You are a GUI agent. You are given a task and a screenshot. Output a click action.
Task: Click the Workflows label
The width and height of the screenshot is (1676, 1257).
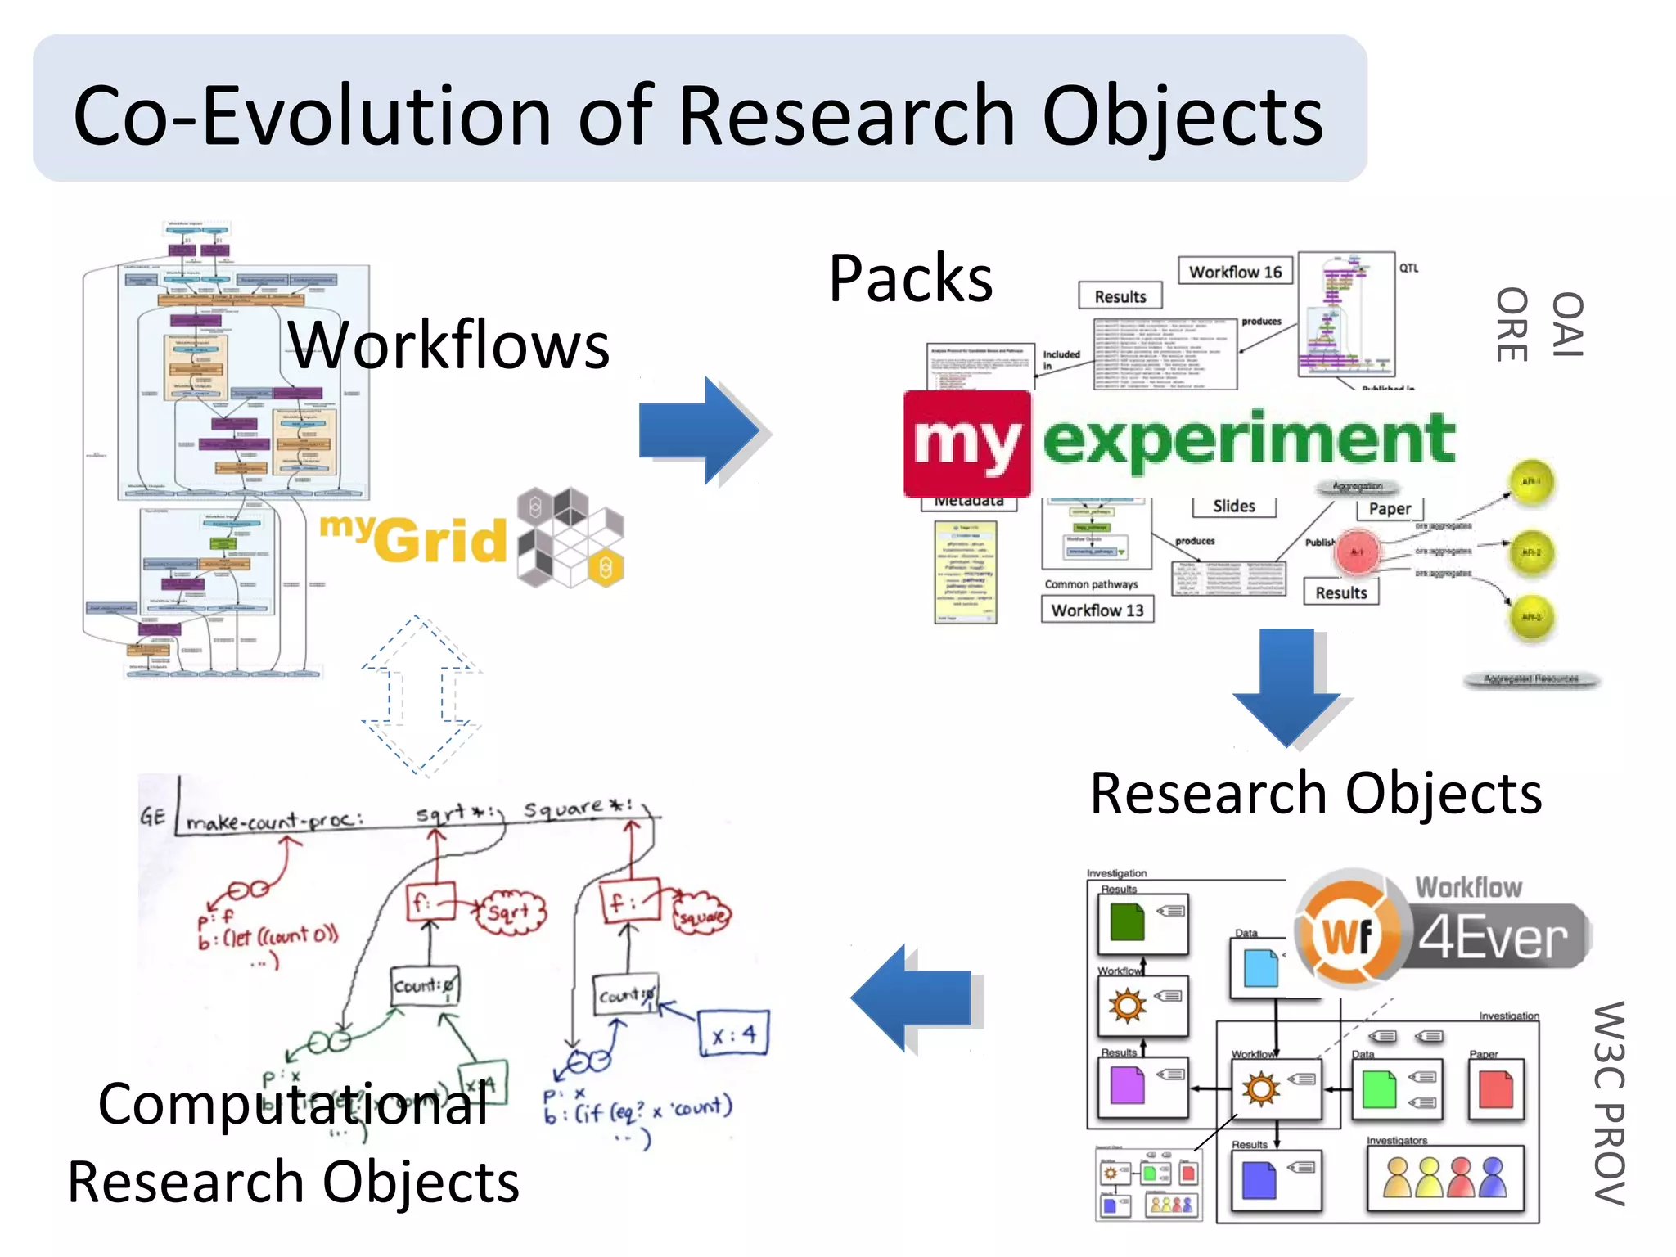[x=448, y=345]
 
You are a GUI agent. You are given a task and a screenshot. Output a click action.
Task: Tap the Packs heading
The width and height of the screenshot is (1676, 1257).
[x=910, y=279]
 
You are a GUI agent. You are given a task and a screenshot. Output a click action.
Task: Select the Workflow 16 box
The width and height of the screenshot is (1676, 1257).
[x=1234, y=272]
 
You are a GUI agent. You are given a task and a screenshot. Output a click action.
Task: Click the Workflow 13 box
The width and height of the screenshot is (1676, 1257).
[x=1097, y=610]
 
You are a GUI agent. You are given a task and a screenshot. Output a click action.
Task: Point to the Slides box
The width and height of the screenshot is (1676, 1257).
[x=1233, y=507]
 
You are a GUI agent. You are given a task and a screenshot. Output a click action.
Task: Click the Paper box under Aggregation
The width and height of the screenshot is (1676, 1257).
[x=1390, y=509]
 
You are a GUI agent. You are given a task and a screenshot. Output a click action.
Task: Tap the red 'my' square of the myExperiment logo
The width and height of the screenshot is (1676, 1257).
[x=966, y=444]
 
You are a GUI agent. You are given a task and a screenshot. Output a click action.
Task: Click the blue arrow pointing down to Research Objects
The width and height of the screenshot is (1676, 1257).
[x=1286, y=686]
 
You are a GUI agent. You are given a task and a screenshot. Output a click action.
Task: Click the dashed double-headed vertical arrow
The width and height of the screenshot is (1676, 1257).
[x=417, y=696]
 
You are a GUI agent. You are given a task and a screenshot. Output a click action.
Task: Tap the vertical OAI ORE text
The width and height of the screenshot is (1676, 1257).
[x=1539, y=325]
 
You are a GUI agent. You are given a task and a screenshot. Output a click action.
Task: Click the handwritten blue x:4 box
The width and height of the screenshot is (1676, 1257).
[x=734, y=1034]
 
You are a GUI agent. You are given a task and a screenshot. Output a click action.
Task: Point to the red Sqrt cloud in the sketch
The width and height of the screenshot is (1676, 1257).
[x=509, y=911]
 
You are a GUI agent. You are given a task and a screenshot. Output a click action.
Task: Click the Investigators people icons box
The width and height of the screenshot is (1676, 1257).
[x=1444, y=1178]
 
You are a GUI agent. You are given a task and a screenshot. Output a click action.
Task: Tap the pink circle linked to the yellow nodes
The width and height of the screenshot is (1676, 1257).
[x=1356, y=552]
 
